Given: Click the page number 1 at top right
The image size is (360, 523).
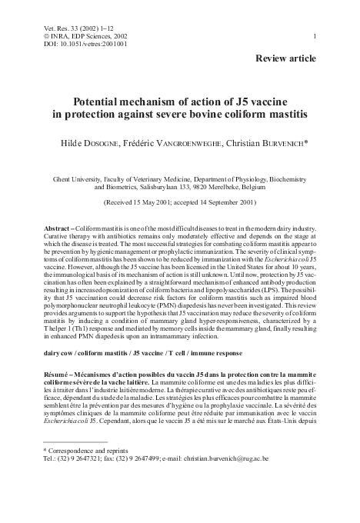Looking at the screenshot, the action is [315, 36].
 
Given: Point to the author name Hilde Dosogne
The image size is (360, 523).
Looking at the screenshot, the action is [100, 143].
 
